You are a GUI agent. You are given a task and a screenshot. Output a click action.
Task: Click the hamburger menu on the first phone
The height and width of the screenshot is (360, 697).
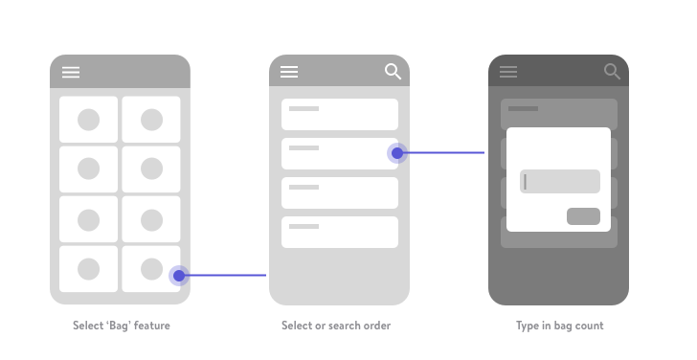(71, 72)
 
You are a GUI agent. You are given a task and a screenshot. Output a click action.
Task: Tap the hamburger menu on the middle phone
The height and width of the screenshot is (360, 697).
(289, 72)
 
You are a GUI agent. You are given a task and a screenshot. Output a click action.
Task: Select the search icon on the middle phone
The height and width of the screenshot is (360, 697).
(393, 71)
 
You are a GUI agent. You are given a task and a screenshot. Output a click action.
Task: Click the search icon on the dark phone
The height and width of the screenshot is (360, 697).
(612, 71)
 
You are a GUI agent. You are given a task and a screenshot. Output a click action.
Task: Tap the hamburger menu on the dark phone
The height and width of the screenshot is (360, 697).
(508, 72)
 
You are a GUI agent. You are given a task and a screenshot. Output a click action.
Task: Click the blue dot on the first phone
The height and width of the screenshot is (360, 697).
(179, 276)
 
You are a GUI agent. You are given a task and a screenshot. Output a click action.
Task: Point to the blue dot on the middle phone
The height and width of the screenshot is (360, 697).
(397, 153)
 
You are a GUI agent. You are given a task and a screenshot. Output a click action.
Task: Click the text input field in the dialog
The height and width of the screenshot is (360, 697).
(560, 181)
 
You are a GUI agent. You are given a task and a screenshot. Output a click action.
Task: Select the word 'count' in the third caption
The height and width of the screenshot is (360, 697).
(590, 326)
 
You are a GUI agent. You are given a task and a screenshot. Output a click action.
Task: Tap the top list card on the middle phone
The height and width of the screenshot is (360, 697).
(340, 114)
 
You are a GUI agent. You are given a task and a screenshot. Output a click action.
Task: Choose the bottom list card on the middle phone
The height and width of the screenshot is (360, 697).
(340, 232)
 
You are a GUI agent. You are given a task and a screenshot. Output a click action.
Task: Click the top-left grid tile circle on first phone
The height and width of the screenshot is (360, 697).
(88, 120)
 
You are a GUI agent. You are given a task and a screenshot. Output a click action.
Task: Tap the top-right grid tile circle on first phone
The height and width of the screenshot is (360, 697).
(151, 120)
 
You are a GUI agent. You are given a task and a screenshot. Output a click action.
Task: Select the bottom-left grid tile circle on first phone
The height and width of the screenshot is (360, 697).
(88, 269)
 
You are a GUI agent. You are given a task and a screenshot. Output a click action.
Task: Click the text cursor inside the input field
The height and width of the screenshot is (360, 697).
(526, 181)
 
